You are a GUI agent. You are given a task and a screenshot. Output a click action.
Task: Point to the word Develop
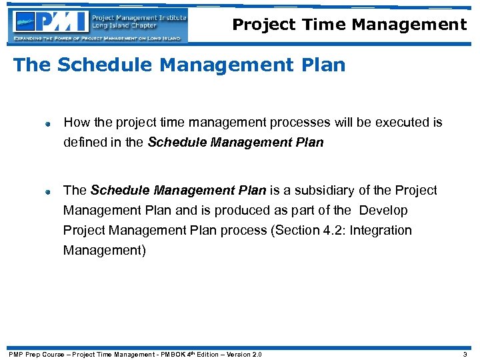point(383,210)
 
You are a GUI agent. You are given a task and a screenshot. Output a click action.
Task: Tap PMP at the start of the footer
point(15,354)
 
